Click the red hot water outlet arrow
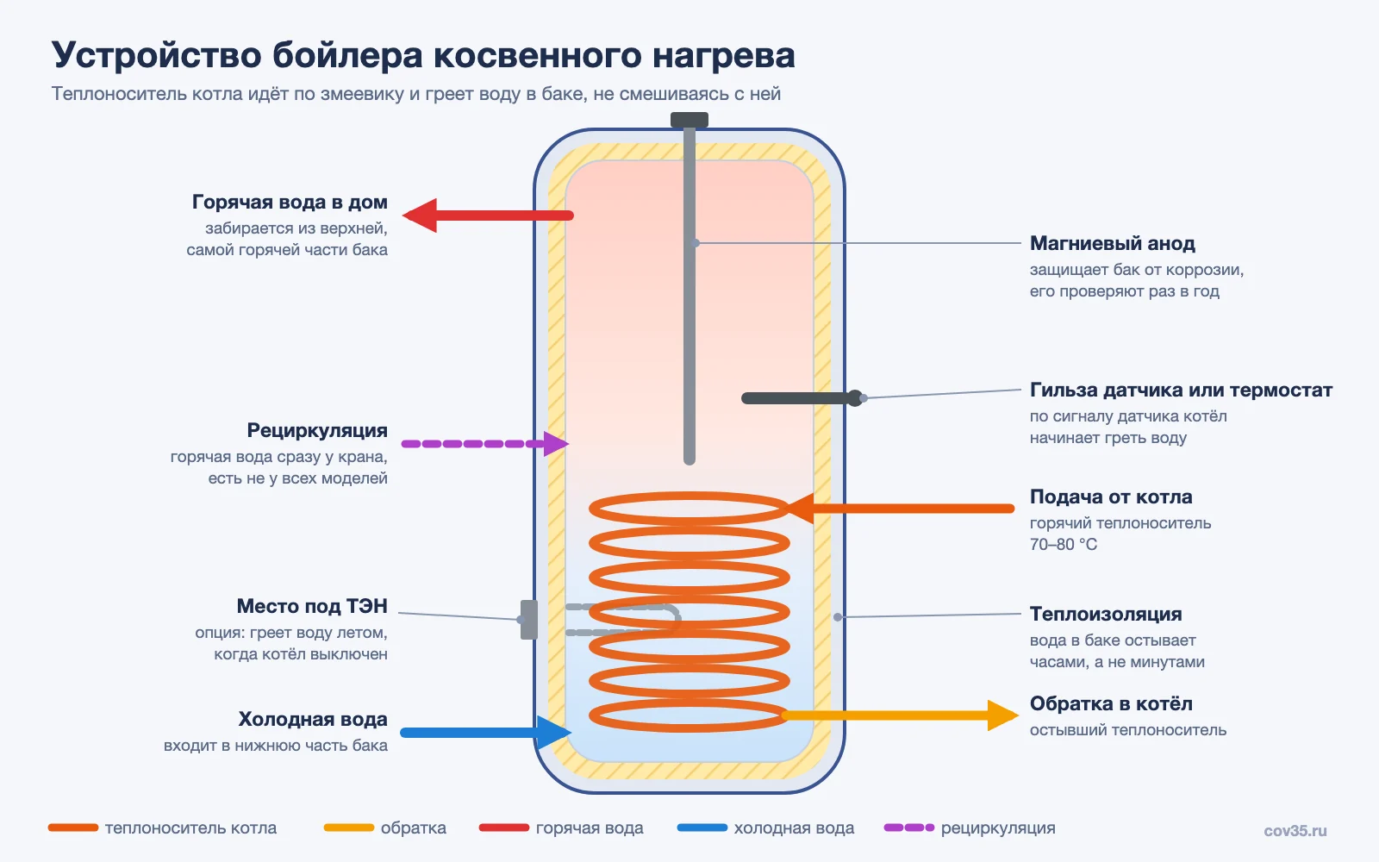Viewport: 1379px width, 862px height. click(488, 215)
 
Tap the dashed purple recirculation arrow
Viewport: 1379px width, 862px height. click(485, 443)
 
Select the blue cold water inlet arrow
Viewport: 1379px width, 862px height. click(486, 732)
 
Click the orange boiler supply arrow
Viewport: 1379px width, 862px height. click(900, 509)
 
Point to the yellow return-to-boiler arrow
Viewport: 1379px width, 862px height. click(900, 715)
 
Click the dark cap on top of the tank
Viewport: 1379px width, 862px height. click(689, 120)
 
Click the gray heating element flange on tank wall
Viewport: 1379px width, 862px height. click(529, 620)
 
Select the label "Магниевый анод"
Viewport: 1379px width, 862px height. click(1113, 243)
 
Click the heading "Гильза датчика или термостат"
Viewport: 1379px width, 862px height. click(1181, 390)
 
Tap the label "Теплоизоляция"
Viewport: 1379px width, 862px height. click(1106, 614)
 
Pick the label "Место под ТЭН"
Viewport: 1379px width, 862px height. click(312, 606)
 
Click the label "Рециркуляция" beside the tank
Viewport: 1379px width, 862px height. click(317, 430)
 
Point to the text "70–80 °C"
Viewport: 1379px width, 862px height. click(1064, 544)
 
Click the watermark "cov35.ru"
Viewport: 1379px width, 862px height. click(1295, 831)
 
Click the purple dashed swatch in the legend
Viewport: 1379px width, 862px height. click(909, 828)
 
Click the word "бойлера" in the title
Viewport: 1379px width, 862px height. click(348, 55)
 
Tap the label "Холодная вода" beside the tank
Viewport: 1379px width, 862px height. click(313, 719)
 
